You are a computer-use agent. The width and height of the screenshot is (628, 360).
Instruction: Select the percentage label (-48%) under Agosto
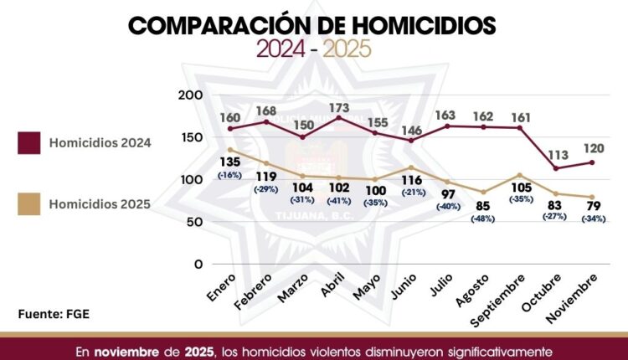tap(481, 219)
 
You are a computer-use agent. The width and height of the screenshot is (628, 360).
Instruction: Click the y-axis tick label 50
tap(195, 222)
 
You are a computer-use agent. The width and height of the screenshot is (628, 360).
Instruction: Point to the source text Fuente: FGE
tap(54, 314)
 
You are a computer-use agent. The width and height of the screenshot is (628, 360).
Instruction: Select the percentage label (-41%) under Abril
tap(339, 201)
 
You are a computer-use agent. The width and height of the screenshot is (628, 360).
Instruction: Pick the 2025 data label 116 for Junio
tap(411, 180)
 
